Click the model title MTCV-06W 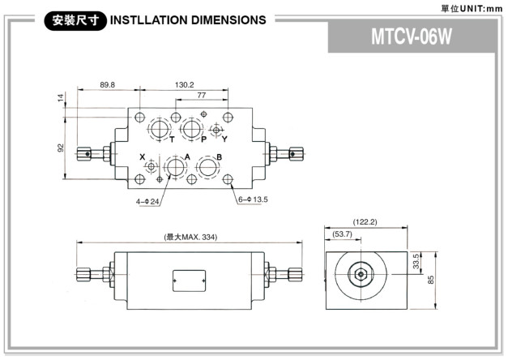coord(411,37)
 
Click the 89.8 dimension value coord(107,84)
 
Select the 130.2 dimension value coord(185,84)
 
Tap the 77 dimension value coord(201,96)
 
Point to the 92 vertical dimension coord(59,148)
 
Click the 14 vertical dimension coord(59,98)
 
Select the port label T coord(172,139)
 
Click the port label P coord(203,139)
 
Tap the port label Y coord(224,139)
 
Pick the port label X coord(142,156)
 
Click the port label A coord(186,156)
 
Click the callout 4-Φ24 coord(148,200)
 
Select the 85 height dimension coord(431,280)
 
